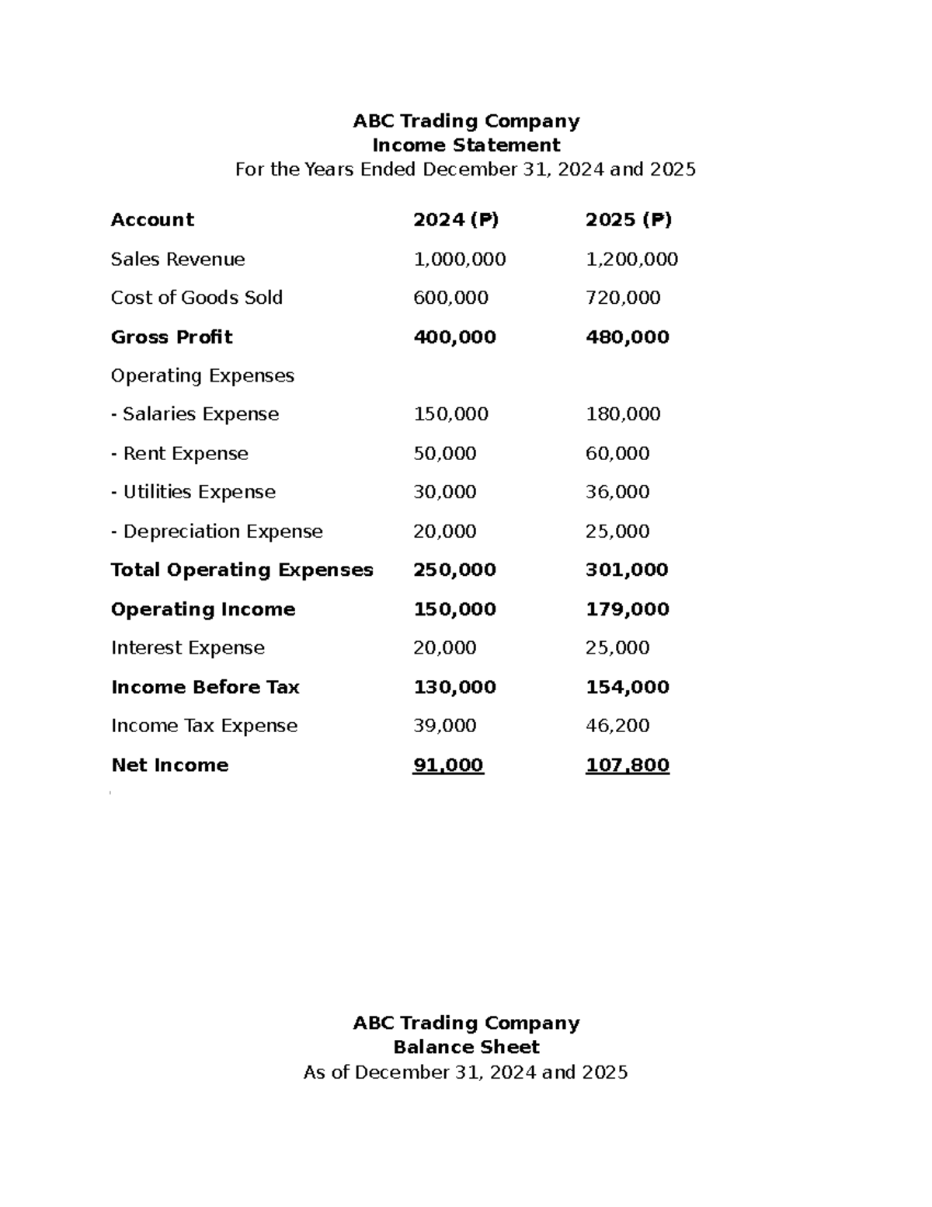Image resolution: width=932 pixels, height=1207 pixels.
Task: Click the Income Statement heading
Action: coord(466,145)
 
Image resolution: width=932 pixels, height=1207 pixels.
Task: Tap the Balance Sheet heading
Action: coord(466,1047)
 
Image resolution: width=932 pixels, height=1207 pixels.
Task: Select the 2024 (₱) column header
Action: coord(456,220)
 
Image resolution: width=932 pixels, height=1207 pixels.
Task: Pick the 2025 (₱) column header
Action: coord(628,220)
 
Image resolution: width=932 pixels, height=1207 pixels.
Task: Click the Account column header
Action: coord(152,220)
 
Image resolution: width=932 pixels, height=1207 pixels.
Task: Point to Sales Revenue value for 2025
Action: coord(631,260)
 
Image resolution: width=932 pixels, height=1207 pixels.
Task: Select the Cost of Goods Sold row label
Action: coord(196,298)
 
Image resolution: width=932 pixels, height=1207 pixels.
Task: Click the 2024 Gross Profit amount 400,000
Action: coord(454,337)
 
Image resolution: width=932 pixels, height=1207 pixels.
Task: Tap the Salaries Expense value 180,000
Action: coord(623,414)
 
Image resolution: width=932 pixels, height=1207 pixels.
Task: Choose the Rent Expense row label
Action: coord(179,454)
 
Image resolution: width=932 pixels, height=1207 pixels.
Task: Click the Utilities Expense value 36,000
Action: coord(617,492)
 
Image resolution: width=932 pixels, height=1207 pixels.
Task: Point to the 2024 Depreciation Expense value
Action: coord(445,532)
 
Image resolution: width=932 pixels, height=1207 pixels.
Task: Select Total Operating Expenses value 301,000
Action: coord(627,570)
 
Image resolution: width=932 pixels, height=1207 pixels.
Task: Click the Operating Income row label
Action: coord(203,609)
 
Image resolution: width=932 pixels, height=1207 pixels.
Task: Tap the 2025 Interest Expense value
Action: coord(617,648)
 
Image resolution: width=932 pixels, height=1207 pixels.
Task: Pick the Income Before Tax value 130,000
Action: coord(454,687)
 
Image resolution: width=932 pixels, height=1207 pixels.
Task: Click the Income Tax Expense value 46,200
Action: coord(617,726)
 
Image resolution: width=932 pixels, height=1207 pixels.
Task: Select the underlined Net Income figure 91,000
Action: coord(448,766)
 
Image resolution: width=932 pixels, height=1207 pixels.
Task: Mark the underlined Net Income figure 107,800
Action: coord(627,766)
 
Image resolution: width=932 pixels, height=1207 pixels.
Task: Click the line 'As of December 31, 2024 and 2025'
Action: coord(465,1073)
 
